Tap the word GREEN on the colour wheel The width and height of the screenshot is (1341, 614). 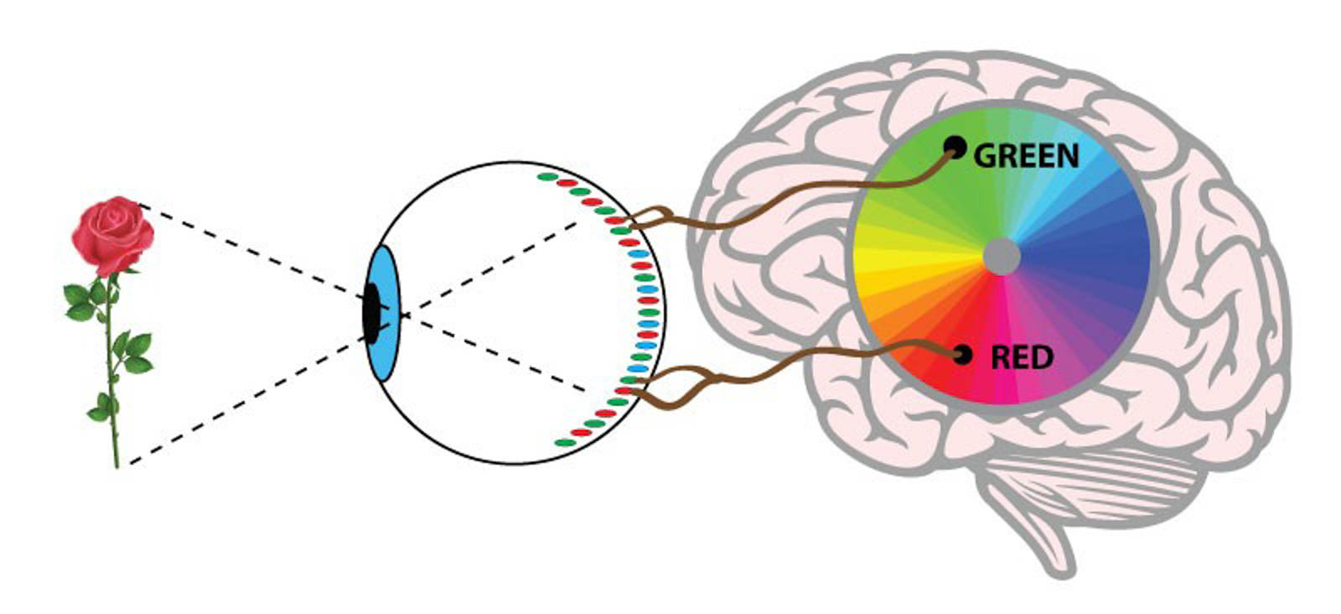coord(1026,156)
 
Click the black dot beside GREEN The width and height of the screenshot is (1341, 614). coord(954,148)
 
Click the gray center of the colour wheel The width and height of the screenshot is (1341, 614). coord(1001,255)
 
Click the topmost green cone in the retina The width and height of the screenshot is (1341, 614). coord(547,177)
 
